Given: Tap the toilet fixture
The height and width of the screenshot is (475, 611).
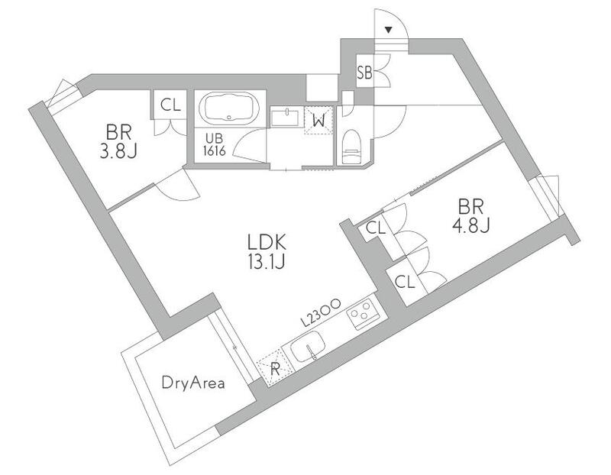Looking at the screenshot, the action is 351,147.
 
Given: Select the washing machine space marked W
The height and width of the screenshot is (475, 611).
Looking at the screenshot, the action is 318,121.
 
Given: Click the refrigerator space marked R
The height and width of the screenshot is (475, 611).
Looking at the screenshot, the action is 274,367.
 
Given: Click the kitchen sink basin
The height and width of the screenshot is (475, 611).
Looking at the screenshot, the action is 308,346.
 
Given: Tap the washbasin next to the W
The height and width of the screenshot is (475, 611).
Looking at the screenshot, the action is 285,118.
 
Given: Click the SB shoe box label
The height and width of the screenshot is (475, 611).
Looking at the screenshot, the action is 364,73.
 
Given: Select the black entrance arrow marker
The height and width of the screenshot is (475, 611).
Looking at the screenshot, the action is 388,30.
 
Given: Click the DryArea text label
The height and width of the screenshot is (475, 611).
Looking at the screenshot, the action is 193,383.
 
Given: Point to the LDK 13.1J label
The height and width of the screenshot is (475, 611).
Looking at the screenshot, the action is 267,252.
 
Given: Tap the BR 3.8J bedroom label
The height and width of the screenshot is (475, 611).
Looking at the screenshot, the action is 118,141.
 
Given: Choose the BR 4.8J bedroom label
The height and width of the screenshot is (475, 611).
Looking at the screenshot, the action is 470,215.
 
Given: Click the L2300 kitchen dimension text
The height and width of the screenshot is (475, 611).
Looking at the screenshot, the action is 322,312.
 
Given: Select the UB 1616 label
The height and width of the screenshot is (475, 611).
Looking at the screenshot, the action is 215,145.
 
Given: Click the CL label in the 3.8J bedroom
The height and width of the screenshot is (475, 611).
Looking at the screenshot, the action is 170,105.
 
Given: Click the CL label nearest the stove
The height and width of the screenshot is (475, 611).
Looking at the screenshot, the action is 405,282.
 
